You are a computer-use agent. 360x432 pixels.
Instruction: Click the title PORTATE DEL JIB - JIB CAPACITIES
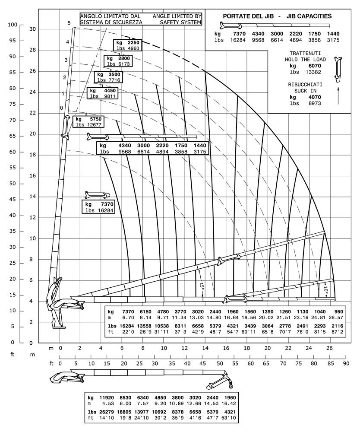(x=277, y=16)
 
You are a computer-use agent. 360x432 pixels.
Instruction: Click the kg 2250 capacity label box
(x=126, y=45)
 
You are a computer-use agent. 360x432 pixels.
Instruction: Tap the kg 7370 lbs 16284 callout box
(x=99, y=207)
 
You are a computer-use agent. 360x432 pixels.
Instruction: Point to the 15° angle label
(x=202, y=286)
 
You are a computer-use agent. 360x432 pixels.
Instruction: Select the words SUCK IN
(x=305, y=91)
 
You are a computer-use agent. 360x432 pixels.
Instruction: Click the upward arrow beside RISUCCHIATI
(x=338, y=95)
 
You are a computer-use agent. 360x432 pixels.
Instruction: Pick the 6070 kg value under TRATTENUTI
(x=314, y=66)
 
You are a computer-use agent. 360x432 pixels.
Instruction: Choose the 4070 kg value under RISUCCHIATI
(x=314, y=97)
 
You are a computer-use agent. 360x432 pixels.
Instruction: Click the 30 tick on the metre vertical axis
(x=32, y=29)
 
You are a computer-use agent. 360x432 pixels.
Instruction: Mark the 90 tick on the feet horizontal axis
(x=345, y=364)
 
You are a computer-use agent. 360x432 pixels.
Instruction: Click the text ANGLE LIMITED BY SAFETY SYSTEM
(x=177, y=19)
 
